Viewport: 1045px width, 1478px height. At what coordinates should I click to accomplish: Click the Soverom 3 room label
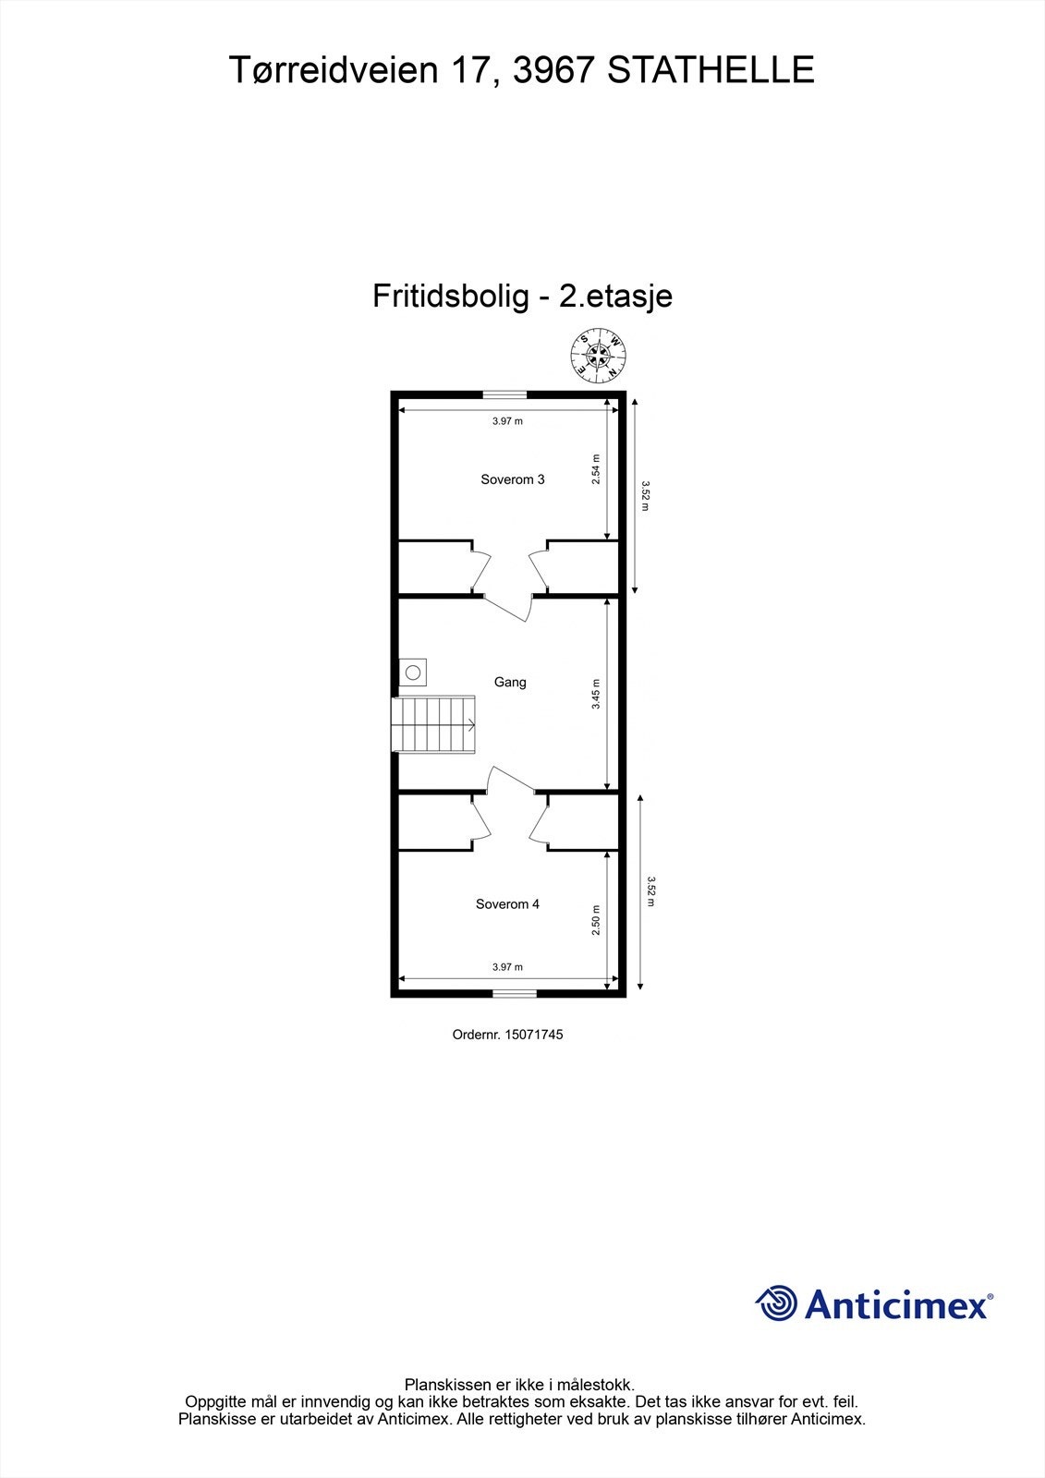pos(512,479)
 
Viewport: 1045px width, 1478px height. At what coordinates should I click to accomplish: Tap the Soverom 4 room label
pos(507,904)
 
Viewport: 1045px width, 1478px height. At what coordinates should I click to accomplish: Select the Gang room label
pos(510,683)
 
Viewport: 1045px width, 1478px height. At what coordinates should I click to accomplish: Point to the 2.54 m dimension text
pos(596,469)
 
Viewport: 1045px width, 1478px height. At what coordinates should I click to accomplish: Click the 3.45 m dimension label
pos(596,694)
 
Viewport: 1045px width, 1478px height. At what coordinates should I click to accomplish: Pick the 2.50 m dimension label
pos(596,920)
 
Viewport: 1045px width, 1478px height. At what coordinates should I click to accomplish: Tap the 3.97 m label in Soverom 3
pos(507,421)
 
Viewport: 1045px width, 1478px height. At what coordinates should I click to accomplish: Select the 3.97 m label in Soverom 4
pos(507,967)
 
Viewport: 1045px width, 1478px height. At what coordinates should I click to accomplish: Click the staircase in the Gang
pos(434,725)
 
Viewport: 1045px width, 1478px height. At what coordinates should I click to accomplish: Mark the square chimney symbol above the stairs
pos(413,672)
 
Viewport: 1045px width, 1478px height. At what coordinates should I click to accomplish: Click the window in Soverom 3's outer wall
pos(505,394)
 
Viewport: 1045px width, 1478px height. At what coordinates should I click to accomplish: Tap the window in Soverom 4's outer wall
pos(513,994)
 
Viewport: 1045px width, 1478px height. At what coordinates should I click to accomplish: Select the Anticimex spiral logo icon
pos(776,1303)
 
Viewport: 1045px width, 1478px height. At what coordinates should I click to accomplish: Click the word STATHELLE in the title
pos(711,70)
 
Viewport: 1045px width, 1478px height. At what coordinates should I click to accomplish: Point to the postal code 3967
pos(553,70)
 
